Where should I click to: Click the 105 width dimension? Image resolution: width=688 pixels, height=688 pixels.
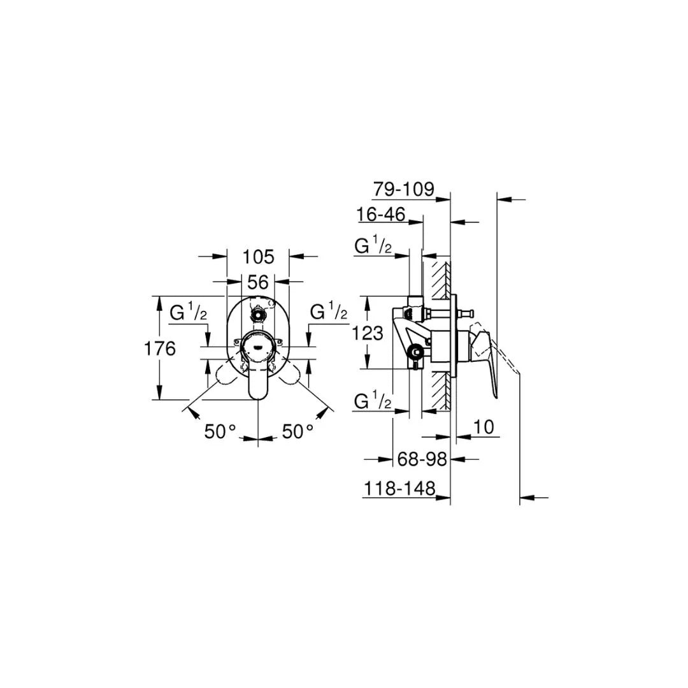258,257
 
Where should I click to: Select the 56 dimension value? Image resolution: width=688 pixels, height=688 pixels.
258,281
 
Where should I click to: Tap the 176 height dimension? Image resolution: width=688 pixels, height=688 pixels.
159,348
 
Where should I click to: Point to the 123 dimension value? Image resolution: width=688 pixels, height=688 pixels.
368,333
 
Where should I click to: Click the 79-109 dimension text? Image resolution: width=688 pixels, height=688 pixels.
403,189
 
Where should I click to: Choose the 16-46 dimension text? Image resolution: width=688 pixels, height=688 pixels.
382,215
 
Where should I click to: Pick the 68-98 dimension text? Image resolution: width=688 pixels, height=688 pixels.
422,459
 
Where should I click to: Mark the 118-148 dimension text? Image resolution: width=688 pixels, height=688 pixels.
399,489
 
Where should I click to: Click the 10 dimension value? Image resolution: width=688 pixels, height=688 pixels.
484,427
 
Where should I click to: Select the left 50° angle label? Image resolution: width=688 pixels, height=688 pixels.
220,432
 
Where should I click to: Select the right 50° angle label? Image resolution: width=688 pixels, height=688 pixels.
298,432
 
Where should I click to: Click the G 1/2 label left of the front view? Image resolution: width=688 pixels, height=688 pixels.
189,313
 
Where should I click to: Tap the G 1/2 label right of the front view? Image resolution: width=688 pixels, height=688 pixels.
328,313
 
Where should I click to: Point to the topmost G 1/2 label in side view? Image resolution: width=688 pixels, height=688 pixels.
373,246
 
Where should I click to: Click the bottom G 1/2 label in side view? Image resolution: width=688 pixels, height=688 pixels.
373,402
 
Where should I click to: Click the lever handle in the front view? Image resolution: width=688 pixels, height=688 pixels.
257,382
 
